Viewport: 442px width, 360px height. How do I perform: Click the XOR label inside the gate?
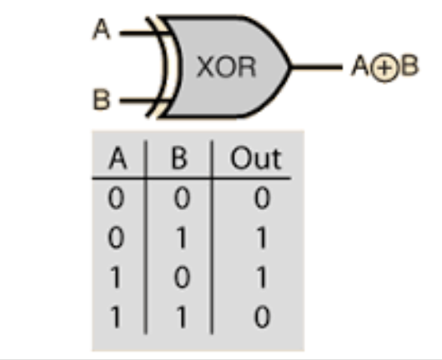click(x=227, y=67)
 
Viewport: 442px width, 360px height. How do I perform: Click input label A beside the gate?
click(x=102, y=28)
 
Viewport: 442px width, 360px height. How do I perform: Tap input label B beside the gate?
click(x=101, y=99)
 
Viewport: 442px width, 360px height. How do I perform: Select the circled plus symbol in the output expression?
click(x=384, y=67)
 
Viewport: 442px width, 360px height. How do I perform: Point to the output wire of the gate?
click(x=317, y=67)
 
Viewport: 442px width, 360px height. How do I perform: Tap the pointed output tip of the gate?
click(x=290, y=67)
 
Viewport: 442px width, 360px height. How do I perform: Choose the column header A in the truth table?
click(x=118, y=158)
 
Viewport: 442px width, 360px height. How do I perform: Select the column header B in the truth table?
click(x=179, y=158)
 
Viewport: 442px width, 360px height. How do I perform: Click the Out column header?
click(x=256, y=158)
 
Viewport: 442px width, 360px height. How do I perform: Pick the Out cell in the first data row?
click(x=263, y=198)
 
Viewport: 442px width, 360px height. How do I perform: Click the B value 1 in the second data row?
click(x=182, y=238)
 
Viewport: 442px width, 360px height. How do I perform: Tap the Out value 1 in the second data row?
click(x=262, y=238)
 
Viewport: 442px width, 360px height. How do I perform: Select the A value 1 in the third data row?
click(x=116, y=277)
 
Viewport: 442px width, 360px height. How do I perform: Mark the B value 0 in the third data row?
click(x=182, y=277)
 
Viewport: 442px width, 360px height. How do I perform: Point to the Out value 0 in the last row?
click(x=263, y=317)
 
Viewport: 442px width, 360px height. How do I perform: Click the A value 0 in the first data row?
click(x=116, y=198)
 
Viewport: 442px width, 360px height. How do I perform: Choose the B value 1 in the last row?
click(x=182, y=317)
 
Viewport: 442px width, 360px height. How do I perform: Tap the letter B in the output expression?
click(x=409, y=65)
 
